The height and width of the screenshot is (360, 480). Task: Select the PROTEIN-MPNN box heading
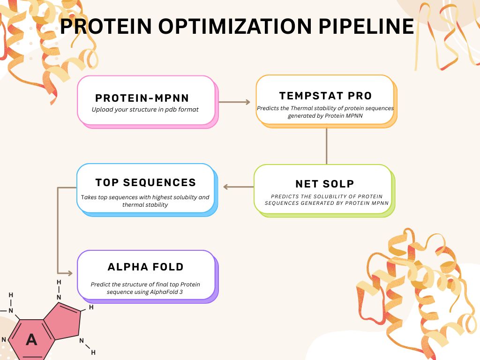[x=142, y=98]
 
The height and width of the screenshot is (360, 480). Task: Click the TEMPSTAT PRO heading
[x=325, y=96]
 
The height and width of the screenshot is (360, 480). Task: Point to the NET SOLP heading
[x=324, y=184]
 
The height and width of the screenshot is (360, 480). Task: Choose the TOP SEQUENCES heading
[x=146, y=182]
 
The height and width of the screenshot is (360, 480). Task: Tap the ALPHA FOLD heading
[x=146, y=267]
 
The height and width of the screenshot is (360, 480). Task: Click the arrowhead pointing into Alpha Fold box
[x=70, y=273]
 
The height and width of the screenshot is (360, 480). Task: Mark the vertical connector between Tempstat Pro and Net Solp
[x=326, y=145]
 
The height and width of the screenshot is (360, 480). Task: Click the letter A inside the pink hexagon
[x=31, y=339]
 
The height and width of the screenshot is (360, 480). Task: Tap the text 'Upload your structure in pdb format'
[x=145, y=110]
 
